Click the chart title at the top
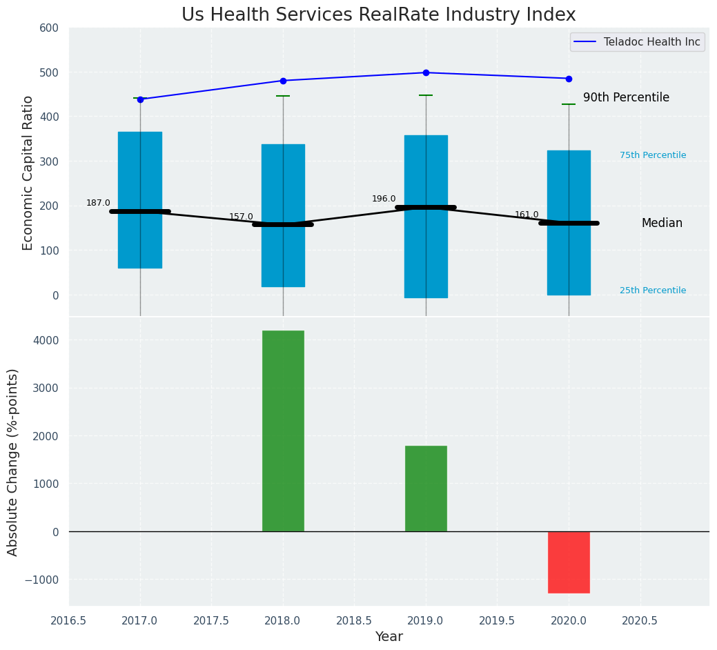pos(378,15)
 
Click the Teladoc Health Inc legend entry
pos(651,42)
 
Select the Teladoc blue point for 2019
pos(426,72)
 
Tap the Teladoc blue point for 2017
pos(140,99)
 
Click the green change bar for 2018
pos(283,431)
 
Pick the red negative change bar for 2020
pos(569,562)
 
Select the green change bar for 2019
pos(426,489)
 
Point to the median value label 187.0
pos(98,203)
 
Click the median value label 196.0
pos(384,199)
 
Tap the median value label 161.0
pos(527,215)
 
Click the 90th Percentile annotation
pos(626,98)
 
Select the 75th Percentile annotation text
pos(653,155)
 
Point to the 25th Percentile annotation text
pos(653,290)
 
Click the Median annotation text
pos(662,224)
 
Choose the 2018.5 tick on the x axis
pos(354,620)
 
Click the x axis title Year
pos(389,637)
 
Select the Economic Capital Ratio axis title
pos(28,173)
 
